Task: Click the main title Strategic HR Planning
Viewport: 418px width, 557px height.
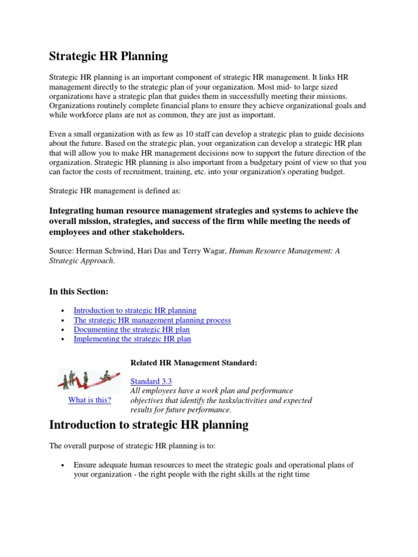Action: [x=109, y=56]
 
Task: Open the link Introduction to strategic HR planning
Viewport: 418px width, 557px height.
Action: [x=135, y=310]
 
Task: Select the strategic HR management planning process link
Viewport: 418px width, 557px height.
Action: [x=152, y=320]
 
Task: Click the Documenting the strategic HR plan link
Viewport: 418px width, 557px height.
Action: [x=132, y=330]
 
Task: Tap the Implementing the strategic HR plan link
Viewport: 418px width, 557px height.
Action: [x=132, y=339]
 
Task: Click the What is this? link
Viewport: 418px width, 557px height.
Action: [x=89, y=400]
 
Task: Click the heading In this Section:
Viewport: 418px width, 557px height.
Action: [x=79, y=292]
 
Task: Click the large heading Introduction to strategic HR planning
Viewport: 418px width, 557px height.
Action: [x=149, y=425]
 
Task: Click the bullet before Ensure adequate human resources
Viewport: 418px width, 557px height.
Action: [x=64, y=466]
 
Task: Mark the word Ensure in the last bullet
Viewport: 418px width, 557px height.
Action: [x=86, y=465]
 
